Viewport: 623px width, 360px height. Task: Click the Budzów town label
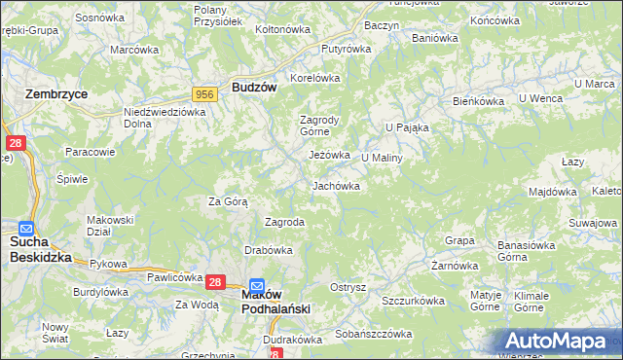point(255,87)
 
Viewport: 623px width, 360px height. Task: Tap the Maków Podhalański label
point(276,302)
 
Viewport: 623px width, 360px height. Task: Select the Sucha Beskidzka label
point(41,249)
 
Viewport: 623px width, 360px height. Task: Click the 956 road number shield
point(204,93)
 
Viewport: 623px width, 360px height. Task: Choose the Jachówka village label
point(337,186)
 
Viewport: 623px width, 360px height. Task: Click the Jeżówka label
point(328,155)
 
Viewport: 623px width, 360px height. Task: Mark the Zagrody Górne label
point(317,126)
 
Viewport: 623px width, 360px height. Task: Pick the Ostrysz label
point(348,287)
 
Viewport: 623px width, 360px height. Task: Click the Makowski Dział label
point(109,225)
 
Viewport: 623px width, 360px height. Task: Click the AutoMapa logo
point(558,341)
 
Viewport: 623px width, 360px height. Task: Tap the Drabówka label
point(269,250)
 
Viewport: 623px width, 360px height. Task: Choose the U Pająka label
point(407,126)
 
